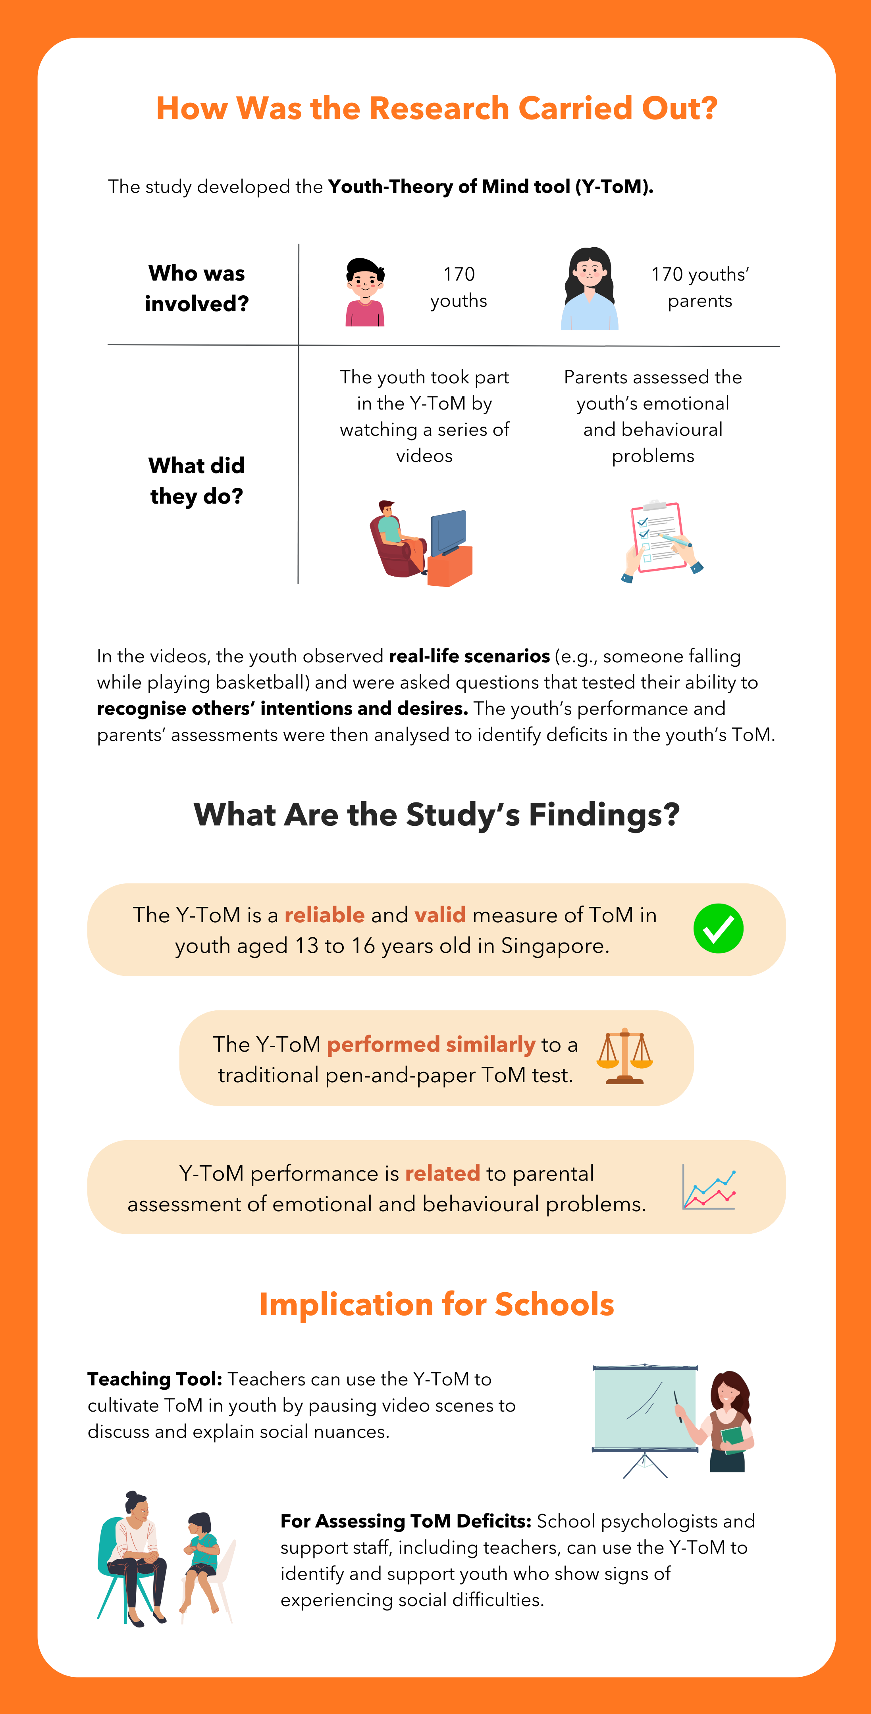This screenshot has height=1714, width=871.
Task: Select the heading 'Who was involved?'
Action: [196, 288]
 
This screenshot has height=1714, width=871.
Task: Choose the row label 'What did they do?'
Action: [196, 481]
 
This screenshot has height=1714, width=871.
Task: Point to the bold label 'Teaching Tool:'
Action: [154, 1379]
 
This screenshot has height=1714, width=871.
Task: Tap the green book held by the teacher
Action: [732, 1439]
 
